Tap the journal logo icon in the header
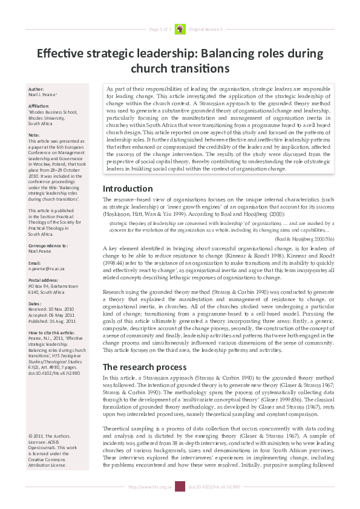coord(180,28)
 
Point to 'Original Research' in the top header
coord(206,29)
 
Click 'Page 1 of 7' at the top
coord(161,29)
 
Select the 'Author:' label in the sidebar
coord(36,89)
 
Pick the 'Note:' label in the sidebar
coord(34,135)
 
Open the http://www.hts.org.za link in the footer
coord(150,503)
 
